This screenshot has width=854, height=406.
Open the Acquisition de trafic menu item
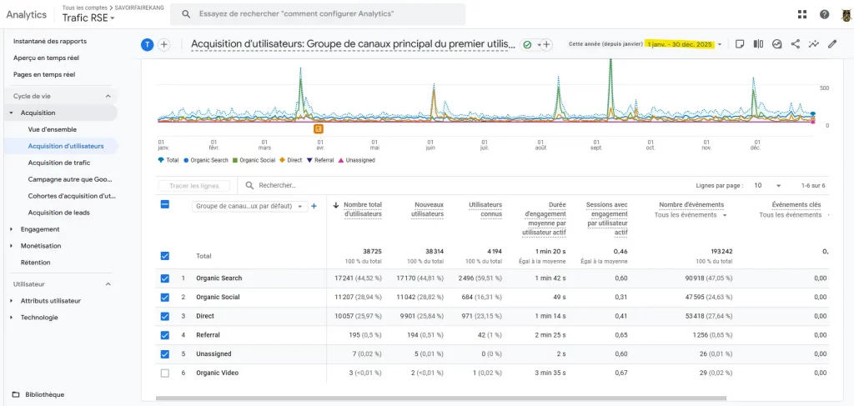[x=59, y=163]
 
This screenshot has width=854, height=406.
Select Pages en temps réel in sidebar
[x=44, y=74]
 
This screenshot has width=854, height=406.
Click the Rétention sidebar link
[x=36, y=263]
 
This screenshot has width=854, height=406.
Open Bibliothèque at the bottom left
[x=44, y=394]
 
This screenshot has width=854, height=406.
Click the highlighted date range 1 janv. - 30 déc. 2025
[x=680, y=44]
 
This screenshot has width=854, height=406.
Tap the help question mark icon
[x=824, y=14]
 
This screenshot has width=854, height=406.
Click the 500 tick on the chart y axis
[x=824, y=88]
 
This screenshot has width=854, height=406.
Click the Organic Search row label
[x=219, y=278]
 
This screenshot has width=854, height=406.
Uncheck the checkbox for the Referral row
[x=164, y=334]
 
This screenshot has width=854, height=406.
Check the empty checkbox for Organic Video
[x=164, y=373]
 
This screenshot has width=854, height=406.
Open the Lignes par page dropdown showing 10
[x=766, y=186]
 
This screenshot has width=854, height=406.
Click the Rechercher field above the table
[x=334, y=186]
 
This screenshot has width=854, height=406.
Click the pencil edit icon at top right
[x=831, y=44]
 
